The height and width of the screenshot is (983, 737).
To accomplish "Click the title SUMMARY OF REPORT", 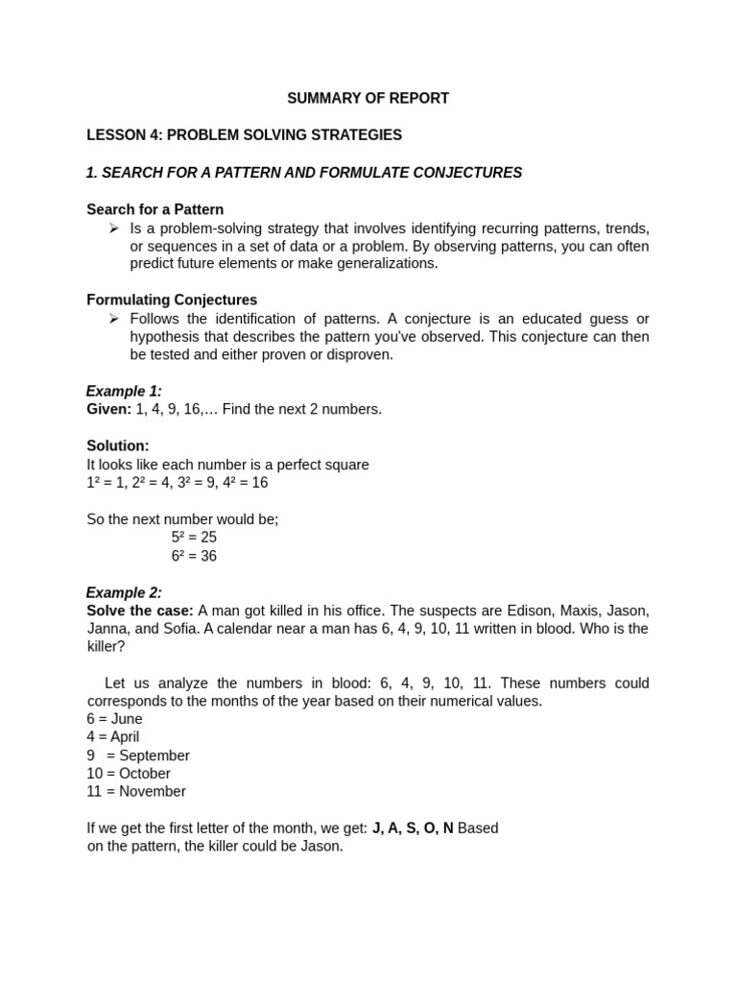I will (x=368, y=98).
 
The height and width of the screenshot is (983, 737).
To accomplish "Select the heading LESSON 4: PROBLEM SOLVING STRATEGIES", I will (x=244, y=135).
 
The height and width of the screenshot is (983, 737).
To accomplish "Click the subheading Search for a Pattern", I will (x=155, y=209).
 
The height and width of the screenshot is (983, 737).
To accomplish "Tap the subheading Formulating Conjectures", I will (x=172, y=300).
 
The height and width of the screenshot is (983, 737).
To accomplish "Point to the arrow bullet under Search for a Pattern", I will (x=113, y=228).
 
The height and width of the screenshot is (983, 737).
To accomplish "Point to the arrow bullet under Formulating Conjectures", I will (x=113, y=318).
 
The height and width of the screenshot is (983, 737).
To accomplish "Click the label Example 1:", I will (x=124, y=391).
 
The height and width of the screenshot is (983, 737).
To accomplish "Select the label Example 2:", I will (x=124, y=592).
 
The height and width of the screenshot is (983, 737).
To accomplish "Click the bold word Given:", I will (x=109, y=409).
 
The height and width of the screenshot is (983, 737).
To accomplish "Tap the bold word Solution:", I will (x=118, y=445).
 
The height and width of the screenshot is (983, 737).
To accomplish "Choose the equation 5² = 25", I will (x=194, y=538).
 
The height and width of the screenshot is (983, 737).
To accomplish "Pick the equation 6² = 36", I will (x=194, y=556).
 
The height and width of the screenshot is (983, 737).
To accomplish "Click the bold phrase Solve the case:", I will (x=140, y=611).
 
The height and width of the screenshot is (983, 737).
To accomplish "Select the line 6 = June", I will (x=114, y=719).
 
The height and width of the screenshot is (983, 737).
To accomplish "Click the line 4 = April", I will (x=112, y=737).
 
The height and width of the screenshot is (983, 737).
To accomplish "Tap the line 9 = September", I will (x=138, y=755).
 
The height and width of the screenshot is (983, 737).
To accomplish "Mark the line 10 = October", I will (x=129, y=774).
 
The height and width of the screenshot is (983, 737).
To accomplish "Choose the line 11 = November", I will (x=136, y=792).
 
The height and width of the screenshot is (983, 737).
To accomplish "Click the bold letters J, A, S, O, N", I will (x=413, y=827).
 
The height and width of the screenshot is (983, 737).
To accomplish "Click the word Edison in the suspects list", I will (x=492, y=611).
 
